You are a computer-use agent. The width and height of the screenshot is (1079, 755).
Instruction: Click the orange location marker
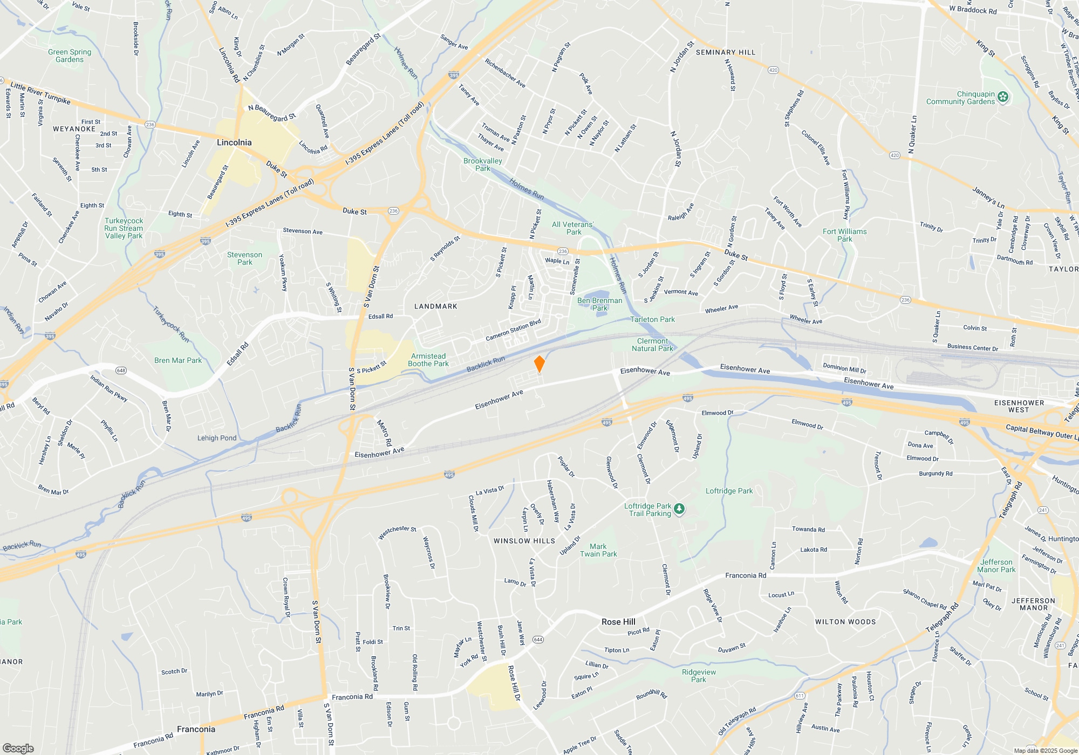point(539,364)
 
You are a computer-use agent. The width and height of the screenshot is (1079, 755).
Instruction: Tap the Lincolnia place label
point(234,142)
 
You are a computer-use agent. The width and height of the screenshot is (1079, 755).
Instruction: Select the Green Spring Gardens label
point(70,56)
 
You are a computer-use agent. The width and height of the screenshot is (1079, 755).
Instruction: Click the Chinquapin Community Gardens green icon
point(1003,97)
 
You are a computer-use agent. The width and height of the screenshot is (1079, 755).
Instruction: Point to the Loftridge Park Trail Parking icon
point(679,509)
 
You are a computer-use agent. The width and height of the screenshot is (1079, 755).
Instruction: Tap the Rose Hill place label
point(618,622)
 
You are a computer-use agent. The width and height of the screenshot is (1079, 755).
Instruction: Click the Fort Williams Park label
point(844,235)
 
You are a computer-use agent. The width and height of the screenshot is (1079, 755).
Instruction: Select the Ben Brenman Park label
point(599,304)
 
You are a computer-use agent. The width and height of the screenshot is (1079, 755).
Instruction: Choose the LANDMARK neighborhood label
point(435,306)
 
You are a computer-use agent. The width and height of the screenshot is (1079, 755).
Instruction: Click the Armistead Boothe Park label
point(428,360)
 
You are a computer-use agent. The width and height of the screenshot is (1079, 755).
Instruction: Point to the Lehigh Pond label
point(217,438)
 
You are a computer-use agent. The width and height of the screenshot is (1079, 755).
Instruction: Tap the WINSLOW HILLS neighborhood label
point(524,541)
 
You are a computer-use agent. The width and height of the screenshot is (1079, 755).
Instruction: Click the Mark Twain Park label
point(598,550)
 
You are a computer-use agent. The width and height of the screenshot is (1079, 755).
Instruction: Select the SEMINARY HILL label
point(725,52)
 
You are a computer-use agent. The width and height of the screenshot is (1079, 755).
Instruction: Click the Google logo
point(18,748)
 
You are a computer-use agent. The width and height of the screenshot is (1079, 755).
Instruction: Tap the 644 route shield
point(538,640)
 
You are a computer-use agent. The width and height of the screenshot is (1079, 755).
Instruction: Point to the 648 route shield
point(121,370)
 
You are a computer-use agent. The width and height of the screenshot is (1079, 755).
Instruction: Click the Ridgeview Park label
point(699,676)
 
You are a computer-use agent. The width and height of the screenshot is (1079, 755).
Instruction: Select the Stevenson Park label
point(244,258)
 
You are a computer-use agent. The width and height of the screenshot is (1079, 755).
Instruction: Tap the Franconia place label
point(196,729)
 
